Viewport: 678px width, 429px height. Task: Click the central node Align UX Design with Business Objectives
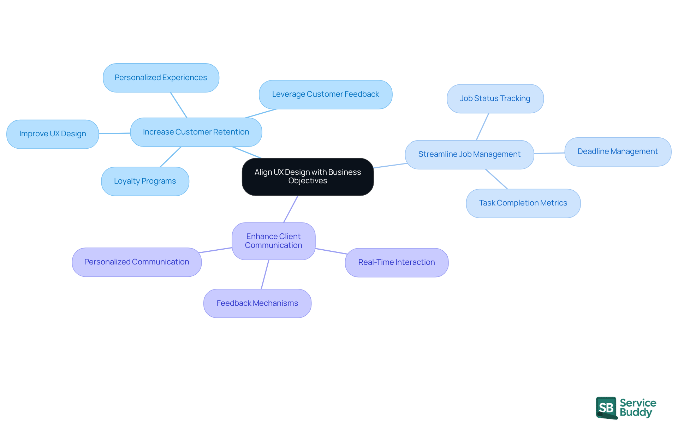[308, 177]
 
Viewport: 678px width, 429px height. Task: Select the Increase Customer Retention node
[196, 132]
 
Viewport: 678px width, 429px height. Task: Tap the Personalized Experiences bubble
[161, 78]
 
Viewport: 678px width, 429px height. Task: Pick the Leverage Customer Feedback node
[325, 94]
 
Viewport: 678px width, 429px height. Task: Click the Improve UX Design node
[53, 134]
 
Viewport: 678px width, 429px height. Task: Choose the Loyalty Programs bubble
[145, 181]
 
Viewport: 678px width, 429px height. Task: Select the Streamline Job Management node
[469, 154]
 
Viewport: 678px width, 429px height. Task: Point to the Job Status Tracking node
[495, 99]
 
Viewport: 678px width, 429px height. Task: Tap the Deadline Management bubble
[618, 151]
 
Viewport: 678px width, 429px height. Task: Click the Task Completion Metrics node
[523, 203]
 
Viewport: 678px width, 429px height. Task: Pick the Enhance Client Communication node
[273, 241]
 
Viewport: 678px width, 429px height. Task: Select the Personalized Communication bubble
[137, 262]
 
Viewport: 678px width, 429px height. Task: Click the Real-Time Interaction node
[397, 262]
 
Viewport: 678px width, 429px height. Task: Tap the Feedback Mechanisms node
[257, 303]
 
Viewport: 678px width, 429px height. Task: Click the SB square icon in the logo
[606, 407]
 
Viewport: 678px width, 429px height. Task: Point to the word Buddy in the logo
[636, 412]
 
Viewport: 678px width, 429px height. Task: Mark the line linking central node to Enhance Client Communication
[291, 209]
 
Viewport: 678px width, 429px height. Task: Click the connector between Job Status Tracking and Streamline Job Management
[482, 127]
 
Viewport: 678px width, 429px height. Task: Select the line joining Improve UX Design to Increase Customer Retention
[114, 133]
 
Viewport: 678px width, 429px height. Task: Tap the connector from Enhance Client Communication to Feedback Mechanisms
[265, 275]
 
